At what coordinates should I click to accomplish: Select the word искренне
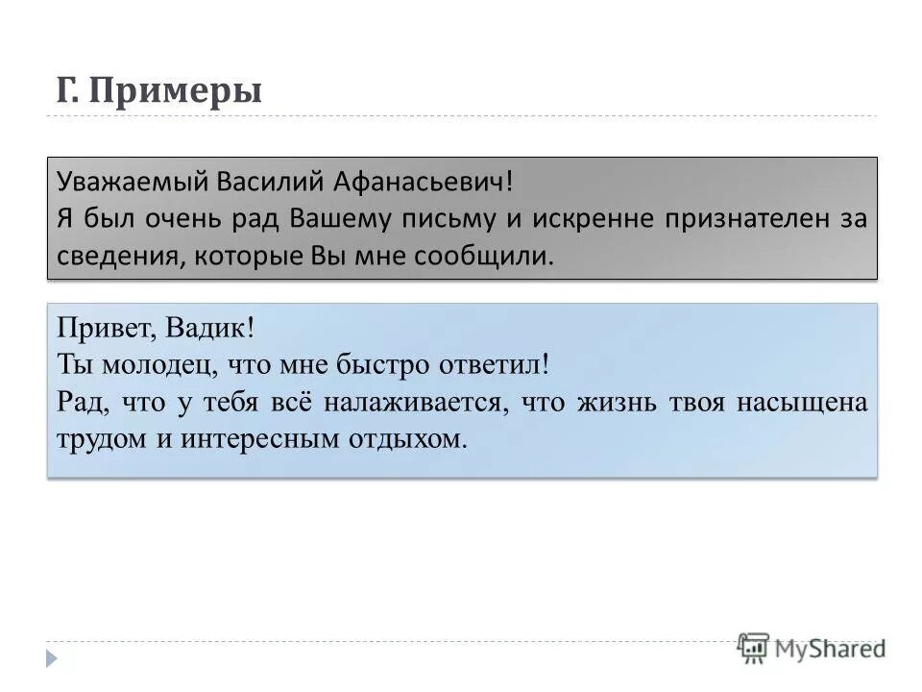[x=584, y=219]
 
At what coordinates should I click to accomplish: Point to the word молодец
[x=145, y=365]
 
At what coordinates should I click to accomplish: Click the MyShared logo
[x=812, y=648]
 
